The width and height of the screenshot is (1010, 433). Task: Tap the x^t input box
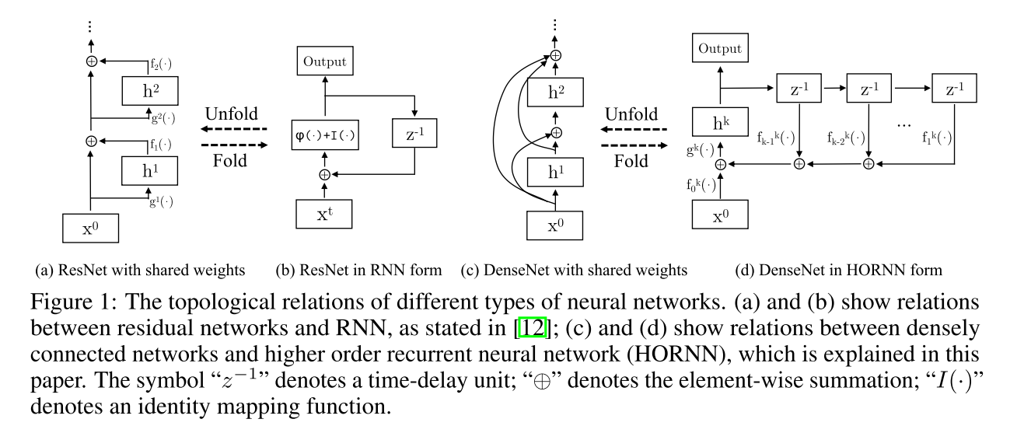tap(325, 212)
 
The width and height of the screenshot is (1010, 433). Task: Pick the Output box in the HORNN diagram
tap(720, 49)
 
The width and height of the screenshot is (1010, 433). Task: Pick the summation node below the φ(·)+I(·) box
tap(325, 174)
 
